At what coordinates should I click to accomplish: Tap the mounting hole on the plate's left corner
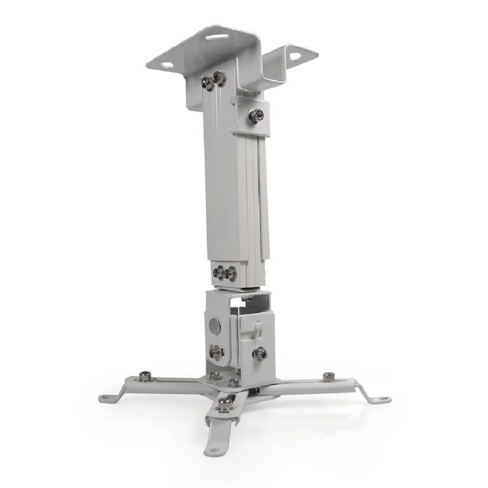coord(167,65)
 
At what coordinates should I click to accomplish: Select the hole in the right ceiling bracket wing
coord(295,56)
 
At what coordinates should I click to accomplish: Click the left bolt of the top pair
coord(209,84)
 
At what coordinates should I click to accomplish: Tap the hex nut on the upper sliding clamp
coord(255,115)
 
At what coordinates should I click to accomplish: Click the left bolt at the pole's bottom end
coord(219,273)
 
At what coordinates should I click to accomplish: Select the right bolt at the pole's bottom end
coord(231,273)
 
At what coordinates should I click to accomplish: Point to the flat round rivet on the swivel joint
coord(213,326)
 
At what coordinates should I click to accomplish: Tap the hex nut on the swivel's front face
coord(260,354)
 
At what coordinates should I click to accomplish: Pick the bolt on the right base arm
coord(328,376)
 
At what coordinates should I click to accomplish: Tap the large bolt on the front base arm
coord(225,403)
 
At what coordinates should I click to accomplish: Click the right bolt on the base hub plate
coord(234,382)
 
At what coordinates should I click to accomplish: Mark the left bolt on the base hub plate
coord(215,376)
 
